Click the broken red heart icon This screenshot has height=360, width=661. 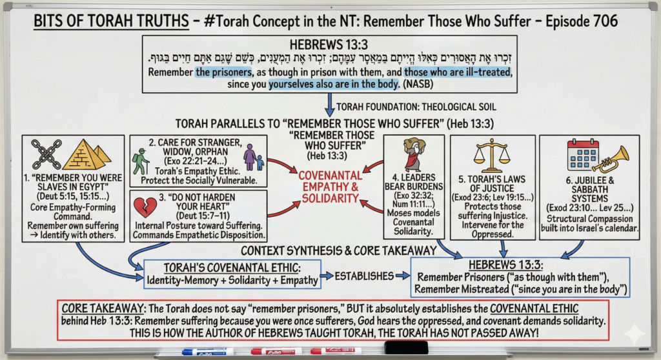[x=145, y=207]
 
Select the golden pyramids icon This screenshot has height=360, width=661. [x=86, y=154]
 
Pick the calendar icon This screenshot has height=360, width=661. [x=583, y=155]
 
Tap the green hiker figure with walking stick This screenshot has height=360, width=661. [x=141, y=161]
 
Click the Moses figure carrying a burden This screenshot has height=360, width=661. [x=414, y=154]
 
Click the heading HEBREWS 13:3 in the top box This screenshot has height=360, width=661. [x=329, y=45]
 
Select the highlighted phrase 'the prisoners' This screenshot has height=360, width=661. [x=223, y=72]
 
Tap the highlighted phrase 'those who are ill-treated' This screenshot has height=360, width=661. [x=458, y=72]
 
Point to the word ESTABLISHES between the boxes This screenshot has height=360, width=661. [x=364, y=276]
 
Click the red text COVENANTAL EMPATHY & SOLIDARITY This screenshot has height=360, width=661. [x=330, y=186]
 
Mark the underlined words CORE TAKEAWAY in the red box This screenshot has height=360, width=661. [x=103, y=308]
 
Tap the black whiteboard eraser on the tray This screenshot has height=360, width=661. [x=406, y=348]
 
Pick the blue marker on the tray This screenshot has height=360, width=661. [x=208, y=351]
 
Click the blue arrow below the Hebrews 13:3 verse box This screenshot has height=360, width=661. [x=330, y=105]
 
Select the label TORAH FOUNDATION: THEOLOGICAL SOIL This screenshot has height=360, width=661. [x=416, y=107]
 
